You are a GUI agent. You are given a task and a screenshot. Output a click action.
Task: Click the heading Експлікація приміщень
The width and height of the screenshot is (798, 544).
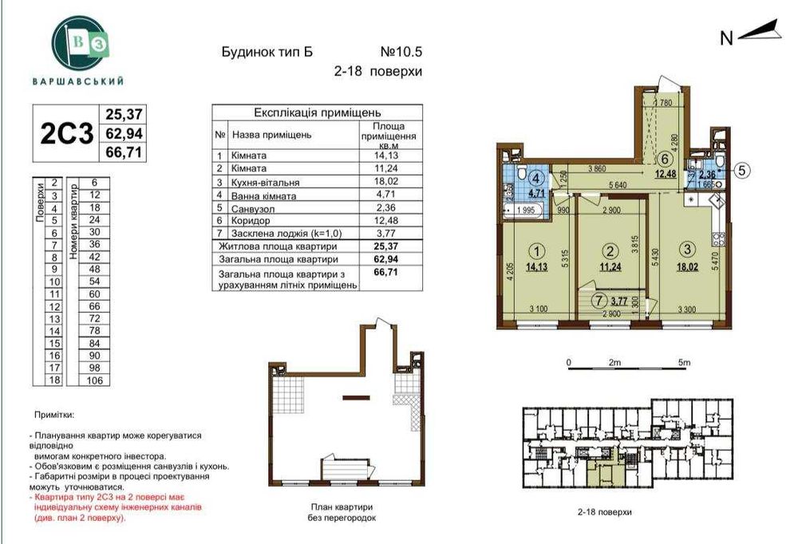tap(317, 112)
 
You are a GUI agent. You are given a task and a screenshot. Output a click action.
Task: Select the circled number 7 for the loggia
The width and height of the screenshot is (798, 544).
tap(598, 302)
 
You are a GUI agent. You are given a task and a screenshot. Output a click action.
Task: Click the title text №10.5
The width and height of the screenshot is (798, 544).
tap(401, 53)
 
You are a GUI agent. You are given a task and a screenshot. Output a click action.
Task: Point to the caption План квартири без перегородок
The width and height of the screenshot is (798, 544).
tap(341, 512)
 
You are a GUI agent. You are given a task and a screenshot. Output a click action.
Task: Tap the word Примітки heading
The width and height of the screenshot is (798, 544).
tap(54, 416)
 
